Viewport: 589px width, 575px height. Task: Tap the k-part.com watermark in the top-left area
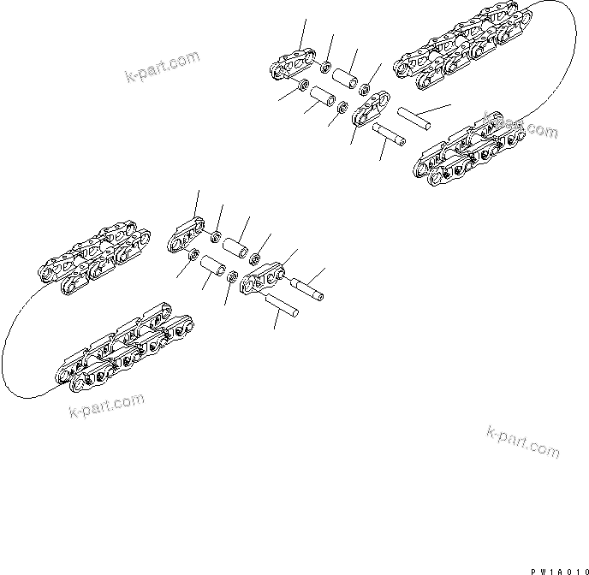coord(161,62)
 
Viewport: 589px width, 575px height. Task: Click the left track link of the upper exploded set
coord(290,67)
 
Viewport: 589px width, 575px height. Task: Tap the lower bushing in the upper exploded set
coord(324,96)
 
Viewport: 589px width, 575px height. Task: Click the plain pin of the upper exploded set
coord(417,116)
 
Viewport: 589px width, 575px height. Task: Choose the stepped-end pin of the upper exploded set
coord(390,135)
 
